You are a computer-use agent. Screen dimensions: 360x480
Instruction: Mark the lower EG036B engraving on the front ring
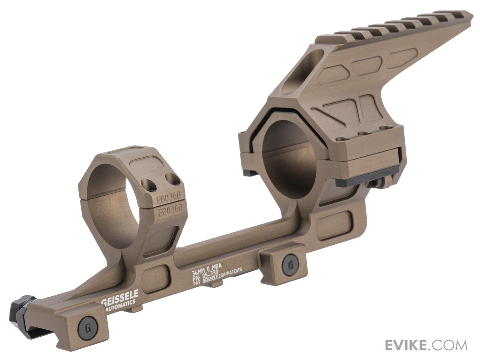(170, 211)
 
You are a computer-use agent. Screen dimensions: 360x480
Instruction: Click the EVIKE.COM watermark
(426, 345)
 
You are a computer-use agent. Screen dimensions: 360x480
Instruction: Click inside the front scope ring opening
(114, 208)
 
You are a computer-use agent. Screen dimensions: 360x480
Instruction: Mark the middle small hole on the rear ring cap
(362, 134)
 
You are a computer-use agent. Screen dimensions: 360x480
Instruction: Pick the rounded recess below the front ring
(154, 278)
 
